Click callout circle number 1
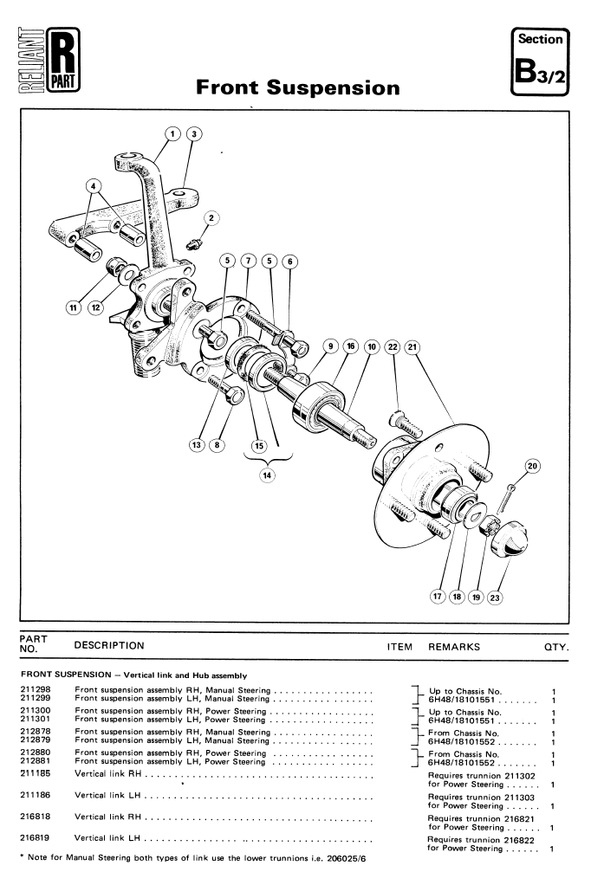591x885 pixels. pos(173,133)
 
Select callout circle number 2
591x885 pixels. pos(211,218)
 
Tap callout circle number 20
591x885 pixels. pos(532,466)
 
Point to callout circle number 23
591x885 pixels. pos(495,598)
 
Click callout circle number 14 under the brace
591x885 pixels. pos(267,475)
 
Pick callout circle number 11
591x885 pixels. pos(73,307)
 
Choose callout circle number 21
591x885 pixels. pos(412,346)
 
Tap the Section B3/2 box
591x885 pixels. pos(540,61)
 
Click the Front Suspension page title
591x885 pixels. pos(298,87)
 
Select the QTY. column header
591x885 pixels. pos(556,648)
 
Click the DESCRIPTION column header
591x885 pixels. pos(109,646)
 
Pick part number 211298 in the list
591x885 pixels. pos(35,689)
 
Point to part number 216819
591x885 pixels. pos(35,837)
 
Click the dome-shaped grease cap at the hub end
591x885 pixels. pos(510,538)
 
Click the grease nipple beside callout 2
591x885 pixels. pos(194,244)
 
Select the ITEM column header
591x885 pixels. pos(399,647)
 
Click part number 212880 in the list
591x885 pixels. pos(35,753)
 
